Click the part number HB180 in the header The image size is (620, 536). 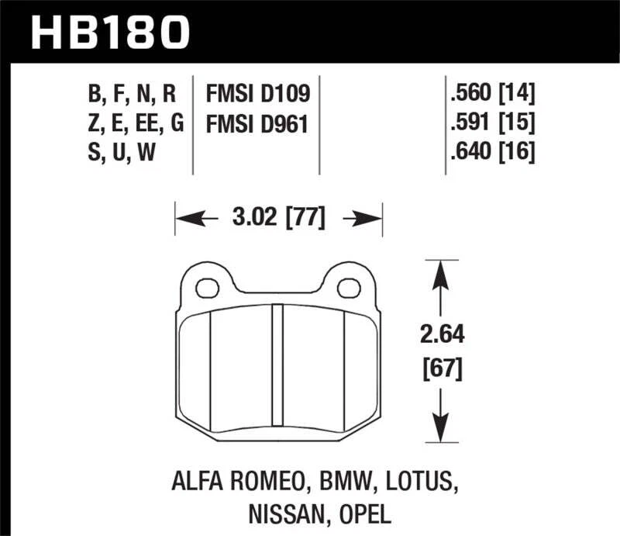(109, 32)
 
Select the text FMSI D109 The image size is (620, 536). (257, 95)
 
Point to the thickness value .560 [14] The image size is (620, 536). (489, 95)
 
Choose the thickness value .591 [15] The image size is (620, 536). (489, 123)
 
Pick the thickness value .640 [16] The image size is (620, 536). (489, 152)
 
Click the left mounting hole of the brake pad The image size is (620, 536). (207, 289)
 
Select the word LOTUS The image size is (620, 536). (418, 483)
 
